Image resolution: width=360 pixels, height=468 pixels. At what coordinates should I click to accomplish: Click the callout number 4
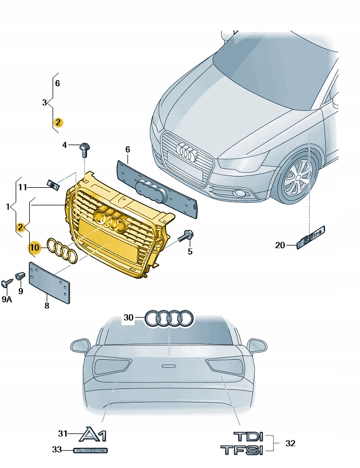[64, 145]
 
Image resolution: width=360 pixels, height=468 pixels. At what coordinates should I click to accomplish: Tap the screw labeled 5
[187, 236]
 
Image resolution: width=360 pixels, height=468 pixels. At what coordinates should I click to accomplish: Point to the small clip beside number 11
[54, 184]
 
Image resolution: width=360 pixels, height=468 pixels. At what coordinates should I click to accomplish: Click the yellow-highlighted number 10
[35, 247]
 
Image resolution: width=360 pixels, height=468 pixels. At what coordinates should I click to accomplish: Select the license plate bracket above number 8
[49, 282]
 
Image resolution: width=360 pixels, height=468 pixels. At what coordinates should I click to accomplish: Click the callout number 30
[129, 318]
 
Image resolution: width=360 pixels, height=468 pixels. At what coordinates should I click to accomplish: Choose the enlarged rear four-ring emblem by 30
[169, 318]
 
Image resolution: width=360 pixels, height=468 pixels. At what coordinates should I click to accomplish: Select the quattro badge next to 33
[90, 450]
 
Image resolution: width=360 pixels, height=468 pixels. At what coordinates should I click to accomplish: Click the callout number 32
[290, 443]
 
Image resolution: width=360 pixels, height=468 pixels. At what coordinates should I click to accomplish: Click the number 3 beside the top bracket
[44, 103]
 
